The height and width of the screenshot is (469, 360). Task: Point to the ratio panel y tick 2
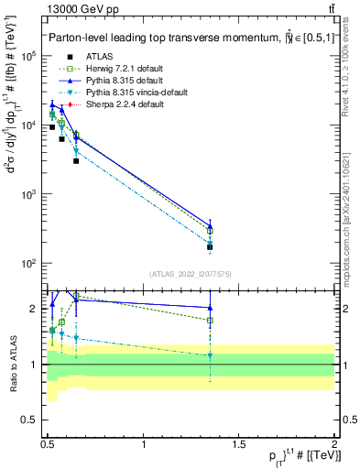tap(37, 308)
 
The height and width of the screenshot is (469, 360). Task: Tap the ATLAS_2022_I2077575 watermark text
tap(191, 274)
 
